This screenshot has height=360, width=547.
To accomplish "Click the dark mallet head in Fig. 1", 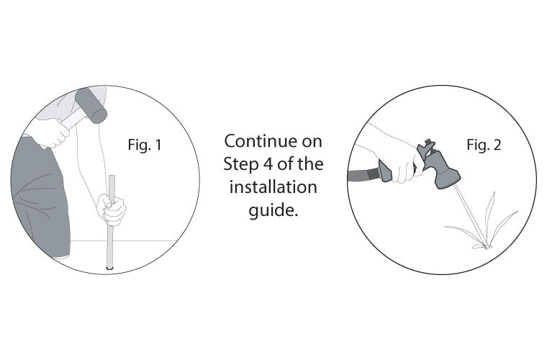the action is coord(91,106).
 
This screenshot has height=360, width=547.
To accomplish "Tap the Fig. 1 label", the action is coord(145,145).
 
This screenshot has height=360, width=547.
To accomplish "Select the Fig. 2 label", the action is coord(484,145).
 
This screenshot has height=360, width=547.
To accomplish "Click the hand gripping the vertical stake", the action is coord(112,210).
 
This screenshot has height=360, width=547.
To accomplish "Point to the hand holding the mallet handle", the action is coord(53,133).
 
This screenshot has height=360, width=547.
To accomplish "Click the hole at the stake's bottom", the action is coord(109,269).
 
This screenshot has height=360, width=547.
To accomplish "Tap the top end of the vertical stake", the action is coord(112,176).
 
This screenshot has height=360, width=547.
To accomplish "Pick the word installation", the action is coord(273,187).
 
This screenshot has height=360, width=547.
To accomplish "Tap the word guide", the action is coord(273,211).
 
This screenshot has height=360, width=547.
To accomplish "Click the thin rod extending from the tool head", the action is coord(470,215).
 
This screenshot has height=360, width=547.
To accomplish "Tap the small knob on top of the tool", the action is coord(428,142).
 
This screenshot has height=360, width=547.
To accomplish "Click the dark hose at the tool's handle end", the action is coord(363,174).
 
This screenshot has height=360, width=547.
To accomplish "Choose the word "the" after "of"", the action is coord(310,164).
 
